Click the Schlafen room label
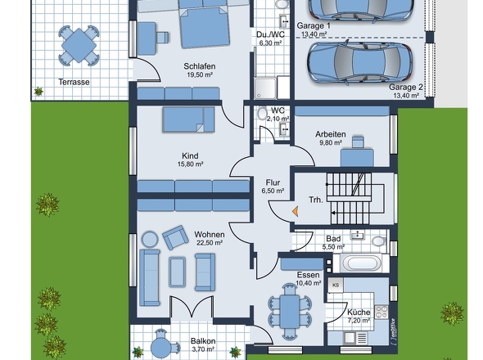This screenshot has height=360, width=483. [200, 66]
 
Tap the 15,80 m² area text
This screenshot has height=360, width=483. [190, 164]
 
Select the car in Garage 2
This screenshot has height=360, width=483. [359, 63]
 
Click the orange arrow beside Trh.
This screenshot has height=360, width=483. [295, 211]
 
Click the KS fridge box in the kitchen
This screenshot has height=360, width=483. [336, 286]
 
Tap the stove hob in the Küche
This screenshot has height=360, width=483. [381, 312]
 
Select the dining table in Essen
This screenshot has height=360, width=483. [289, 312]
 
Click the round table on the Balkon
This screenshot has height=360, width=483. [160, 347]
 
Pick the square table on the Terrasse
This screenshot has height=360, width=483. [79, 46]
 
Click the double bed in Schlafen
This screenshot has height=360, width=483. [205, 28]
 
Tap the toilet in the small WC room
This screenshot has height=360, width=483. [262, 113]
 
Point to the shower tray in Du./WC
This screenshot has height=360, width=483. [265, 88]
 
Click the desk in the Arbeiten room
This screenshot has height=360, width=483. [357, 158]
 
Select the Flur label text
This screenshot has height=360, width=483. [273, 182]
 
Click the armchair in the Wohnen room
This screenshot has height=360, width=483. [175, 237]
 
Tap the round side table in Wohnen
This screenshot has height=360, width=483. [150, 239]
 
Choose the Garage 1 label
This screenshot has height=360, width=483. [314, 26]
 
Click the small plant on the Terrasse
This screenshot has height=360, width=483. [38, 92]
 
